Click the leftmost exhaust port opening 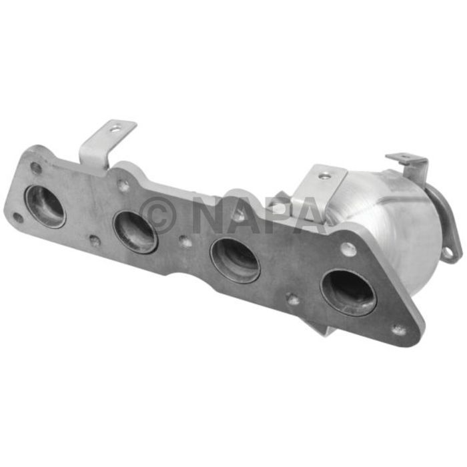(45, 206)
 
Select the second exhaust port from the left (135, 231)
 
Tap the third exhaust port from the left (234, 260)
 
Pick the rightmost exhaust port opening (348, 291)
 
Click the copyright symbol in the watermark (159, 213)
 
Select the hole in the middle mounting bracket (324, 176)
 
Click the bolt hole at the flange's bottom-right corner (399, 330)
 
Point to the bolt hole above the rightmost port (348, 250)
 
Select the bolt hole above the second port (124, 186)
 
